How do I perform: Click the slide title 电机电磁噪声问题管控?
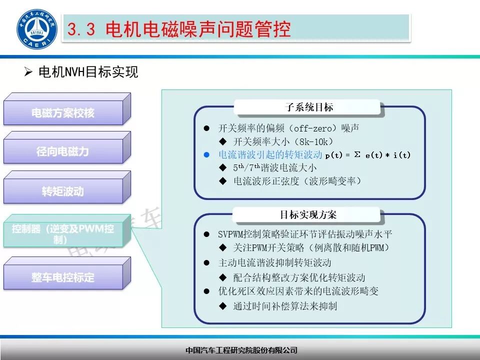click(198, 29)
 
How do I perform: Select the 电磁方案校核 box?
click(63, 113)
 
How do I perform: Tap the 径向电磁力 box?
click(63, 151)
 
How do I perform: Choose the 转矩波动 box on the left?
click(63, 191)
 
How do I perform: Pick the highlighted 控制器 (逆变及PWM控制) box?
click(63, 234)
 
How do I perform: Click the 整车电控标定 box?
click(63, 277)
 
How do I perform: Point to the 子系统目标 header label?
click(309, 107)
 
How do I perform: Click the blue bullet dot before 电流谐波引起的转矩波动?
click(206, 155)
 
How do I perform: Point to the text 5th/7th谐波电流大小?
click(275, 168)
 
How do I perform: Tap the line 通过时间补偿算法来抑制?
click(285, 305)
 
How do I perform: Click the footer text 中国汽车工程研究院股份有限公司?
click(241, 350)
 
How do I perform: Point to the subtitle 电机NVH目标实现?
click(88, 72)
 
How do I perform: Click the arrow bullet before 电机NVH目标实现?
click(28, 72)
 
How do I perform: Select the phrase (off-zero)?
click(310, 128)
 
